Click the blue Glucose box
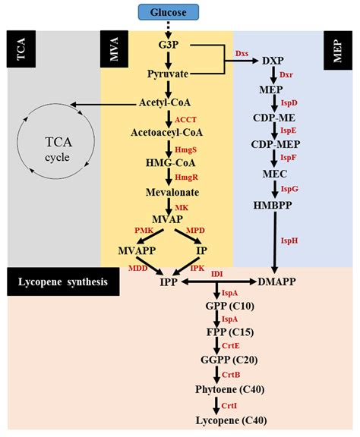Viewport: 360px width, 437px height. pos(169,11)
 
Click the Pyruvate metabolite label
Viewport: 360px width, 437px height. pos(168,74)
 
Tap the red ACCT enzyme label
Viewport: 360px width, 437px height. pos(186,120)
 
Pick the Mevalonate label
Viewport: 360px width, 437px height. pos(168,193)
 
